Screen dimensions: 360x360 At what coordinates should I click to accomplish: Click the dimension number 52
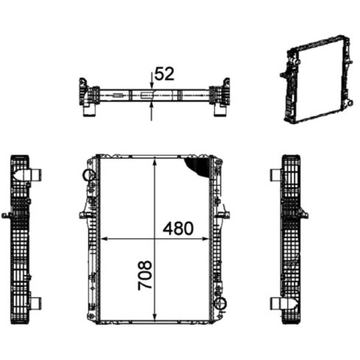point(164,74)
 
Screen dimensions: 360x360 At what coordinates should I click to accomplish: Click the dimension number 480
point(178,229)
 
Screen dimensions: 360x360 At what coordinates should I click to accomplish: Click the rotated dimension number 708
point(145,275)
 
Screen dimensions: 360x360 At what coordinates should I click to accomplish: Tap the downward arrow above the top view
point(151,81)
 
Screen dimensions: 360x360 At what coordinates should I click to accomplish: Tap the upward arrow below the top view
point(151,111)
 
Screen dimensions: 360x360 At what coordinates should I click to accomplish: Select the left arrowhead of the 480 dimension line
point(104,239)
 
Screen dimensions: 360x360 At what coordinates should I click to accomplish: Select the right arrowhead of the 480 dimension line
point(205,239)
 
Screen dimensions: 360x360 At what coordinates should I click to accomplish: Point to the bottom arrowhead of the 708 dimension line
point(155,317)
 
